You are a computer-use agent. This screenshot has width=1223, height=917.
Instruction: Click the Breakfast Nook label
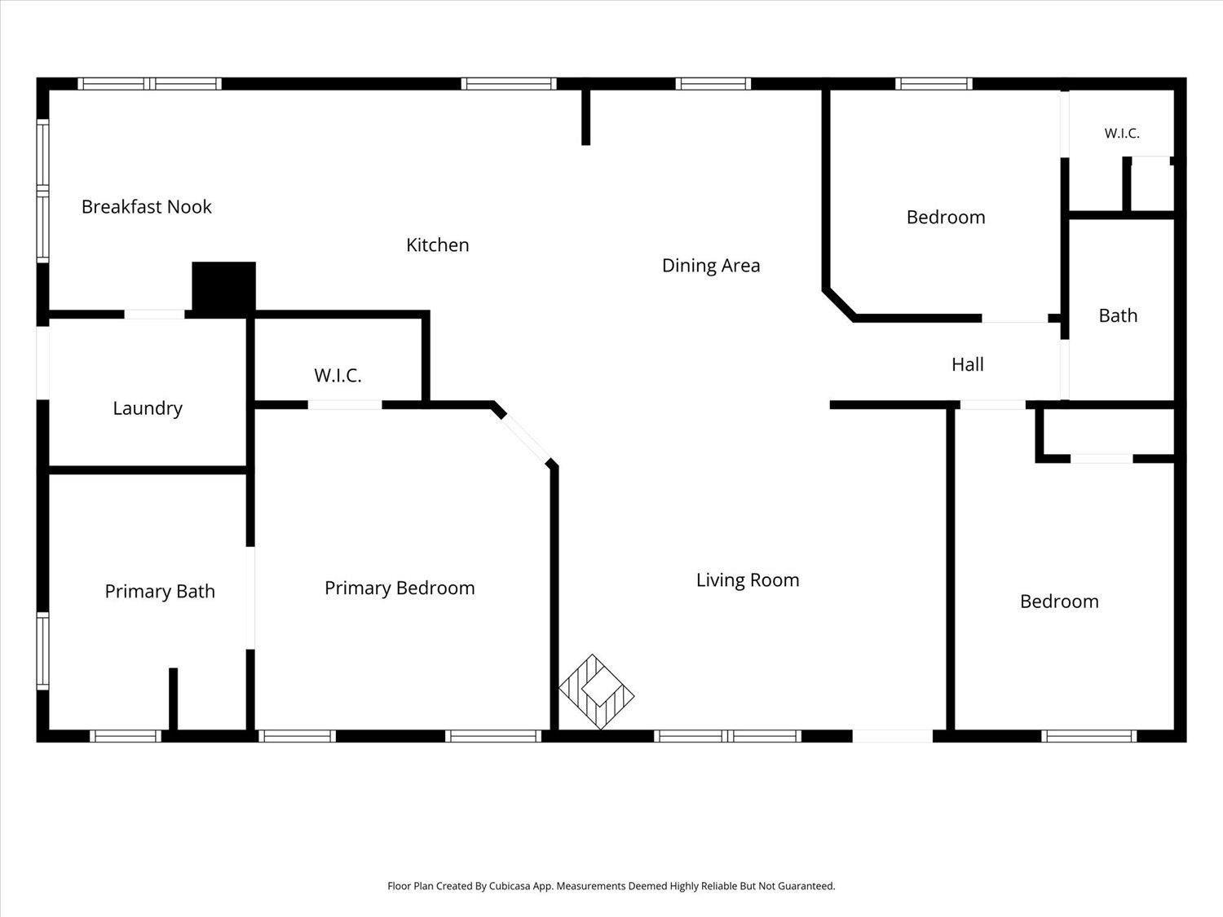(x=147, y=206)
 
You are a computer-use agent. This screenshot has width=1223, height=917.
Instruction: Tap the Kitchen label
(x=437, y=245)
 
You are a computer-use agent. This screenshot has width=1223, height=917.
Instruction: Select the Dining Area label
(x=711, y=266)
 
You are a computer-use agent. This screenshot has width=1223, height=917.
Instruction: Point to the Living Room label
(x=748, y=580)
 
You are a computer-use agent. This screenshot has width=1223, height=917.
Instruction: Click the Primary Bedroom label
(x=400, y=588)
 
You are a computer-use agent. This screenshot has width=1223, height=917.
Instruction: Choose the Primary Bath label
(x=160, y=591)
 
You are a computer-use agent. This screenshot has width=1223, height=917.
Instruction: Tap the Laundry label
(x=148, y=408)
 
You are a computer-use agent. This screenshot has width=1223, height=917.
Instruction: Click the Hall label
(x=968, y=364)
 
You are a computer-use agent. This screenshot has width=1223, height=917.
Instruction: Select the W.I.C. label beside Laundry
(x=338, y=376)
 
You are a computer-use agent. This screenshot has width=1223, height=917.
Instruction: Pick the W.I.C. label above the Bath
(x=1122, y=134)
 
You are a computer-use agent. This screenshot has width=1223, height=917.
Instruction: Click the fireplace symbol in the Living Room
(x=596, y=691)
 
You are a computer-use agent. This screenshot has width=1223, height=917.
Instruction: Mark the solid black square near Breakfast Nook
(x=224, y=288)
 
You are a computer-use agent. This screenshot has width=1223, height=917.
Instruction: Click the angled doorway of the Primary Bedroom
(x=526, y=440)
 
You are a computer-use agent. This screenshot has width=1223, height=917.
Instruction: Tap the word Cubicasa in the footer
(x=510, y=886)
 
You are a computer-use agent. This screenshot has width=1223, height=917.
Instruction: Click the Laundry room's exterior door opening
(x=43, y=363)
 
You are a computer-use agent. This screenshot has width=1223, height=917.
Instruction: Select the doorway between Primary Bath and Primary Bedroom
(x=251, y=598)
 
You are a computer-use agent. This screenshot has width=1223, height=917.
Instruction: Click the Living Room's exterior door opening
(x=892, y=736)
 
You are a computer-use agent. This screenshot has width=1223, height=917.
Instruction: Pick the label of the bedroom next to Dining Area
(x=946, y=217)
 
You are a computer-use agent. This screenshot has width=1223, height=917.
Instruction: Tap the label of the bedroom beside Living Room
(x=1059, y=602)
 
